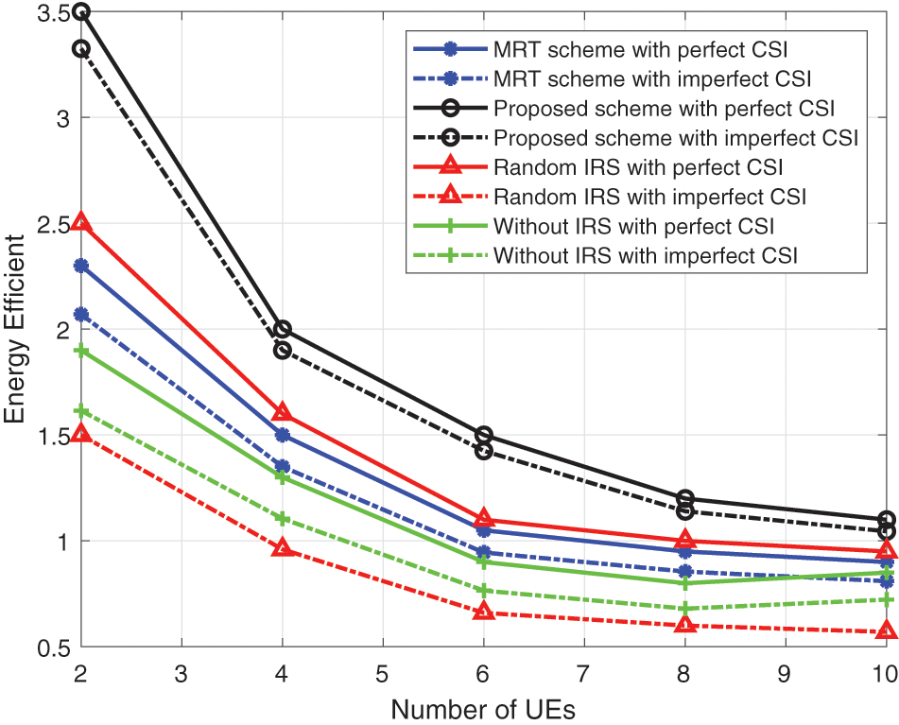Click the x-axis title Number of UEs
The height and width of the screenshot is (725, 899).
click(483, 708)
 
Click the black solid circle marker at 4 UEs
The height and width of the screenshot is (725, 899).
click(282, 329)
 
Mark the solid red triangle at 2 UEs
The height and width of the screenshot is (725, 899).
click(81, 222)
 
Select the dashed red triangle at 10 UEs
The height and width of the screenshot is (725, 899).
click(886, 630)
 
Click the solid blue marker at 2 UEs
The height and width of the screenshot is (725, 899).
click(81, 266)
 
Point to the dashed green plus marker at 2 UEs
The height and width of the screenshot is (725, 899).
click(81, 411)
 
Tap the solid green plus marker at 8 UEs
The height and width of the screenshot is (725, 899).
click(684, 583)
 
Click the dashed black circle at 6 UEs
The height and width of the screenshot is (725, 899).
click(483, 451)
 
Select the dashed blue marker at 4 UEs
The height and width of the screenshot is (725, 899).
click(282, 466)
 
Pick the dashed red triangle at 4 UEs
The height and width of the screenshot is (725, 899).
click(282, 547)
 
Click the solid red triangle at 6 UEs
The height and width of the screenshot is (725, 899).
click(483, 519)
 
